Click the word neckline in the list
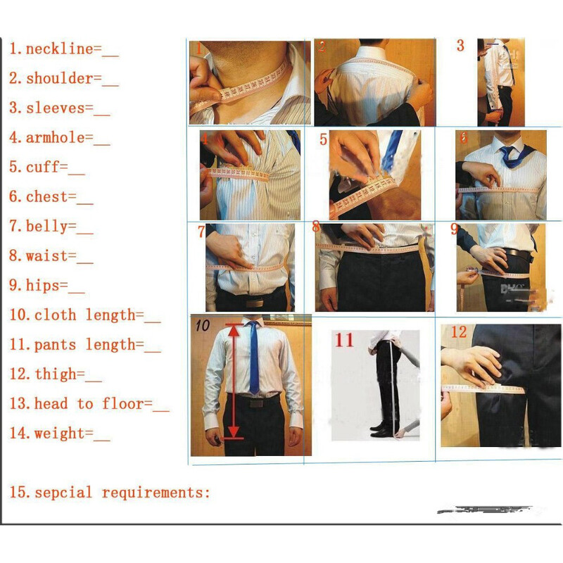pyautogui.click(x=59, y=49)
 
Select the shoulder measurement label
pyautogui.click(x=59, y=79)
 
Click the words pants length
pyautogui.click(x=88, y=345)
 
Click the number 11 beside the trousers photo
pyautogui.click(x=344, y=341)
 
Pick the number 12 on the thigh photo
pyautogui.click(x=459, y=331)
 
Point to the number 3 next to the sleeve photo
pyautogui.click(x=460, y=46)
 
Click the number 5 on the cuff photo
pyautogui.click(x=323, y=139)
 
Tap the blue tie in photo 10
pyautogui.click(x=253, y=359)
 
